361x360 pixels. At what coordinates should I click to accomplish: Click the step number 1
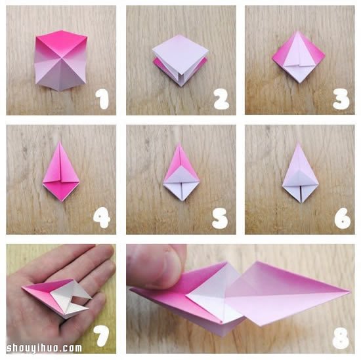pos(102,99)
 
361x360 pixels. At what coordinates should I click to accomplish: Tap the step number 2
pos(221,99)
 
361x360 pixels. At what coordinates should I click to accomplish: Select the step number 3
pos(341,99)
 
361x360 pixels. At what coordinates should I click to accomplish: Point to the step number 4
pos(102,218)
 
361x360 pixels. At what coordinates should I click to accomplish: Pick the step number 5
pos(220,218)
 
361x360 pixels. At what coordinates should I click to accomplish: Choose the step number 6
pos(343,218)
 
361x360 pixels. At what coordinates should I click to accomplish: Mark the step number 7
pos(102,336)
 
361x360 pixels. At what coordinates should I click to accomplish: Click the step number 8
pos(341,338)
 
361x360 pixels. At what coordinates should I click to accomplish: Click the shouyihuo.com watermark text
pos(44,348)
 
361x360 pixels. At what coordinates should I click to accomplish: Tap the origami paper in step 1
pos(61,60)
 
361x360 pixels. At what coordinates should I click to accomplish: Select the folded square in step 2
pos(180,60)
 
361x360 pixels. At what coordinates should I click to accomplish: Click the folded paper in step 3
pos(299,57)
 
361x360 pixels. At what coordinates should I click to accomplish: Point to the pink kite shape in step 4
pos(61,172)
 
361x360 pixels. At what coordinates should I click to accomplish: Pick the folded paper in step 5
pos(181,172)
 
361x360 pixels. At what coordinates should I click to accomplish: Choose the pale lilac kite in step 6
pos(300,173)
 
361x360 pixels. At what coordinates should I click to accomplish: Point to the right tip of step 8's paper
pos(351,292)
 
